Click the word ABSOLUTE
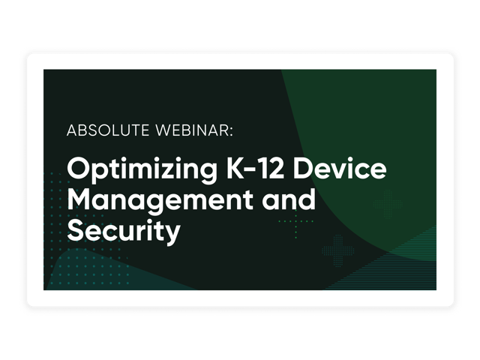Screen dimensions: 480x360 [x=108, y=130]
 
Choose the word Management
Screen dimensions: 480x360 [x=160, y=201]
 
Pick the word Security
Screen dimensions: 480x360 [x=124, y=232]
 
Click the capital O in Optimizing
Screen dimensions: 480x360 [x=78, y=168]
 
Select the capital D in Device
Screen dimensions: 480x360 [x=303, y=169]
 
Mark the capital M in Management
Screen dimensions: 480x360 [x=80, y=199]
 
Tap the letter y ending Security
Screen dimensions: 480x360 [x=172, y=235]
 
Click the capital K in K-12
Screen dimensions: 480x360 [x=235, y=169]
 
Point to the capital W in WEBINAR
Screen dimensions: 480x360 [x=165, y=130]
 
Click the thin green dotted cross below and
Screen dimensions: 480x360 [x=295, y=220]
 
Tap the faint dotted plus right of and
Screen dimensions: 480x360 [x=388, y=203]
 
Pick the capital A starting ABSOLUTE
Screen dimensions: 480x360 [x=72, y=130]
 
